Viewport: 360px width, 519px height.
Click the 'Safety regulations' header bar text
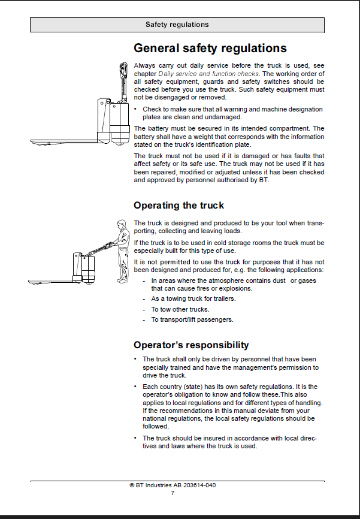177,25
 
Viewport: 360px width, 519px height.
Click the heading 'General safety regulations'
210,49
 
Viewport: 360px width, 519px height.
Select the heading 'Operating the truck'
179,206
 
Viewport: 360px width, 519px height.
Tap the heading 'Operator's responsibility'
191,345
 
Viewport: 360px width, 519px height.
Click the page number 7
173,493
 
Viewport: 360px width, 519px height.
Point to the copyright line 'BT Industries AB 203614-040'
173,485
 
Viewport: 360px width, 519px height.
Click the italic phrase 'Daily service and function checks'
208,74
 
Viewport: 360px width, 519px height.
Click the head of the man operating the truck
122,225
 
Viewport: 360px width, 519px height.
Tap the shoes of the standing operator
122,281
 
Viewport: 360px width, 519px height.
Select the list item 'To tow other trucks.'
180,309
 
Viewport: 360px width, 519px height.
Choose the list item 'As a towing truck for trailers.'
193,298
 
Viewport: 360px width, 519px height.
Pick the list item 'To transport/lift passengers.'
192,320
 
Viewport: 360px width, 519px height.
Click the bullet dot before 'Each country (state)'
135,387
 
